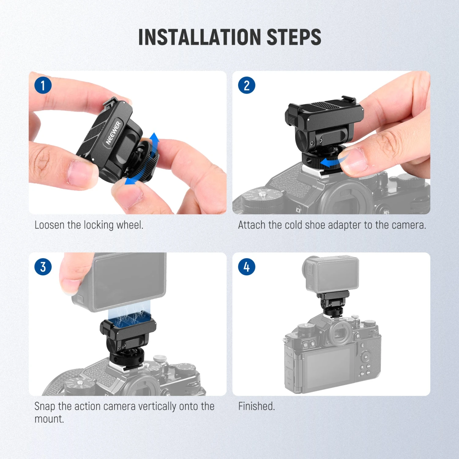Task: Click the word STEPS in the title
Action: click(x=294, y=37)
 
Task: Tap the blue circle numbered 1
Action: click(x=43, y=85)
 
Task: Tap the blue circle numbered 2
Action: click(x=247, y=85)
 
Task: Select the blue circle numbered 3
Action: click(x=43, y=267)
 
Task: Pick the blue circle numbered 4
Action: click(x=247, y=267)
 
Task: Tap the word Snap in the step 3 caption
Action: click(x=45, y=406)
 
